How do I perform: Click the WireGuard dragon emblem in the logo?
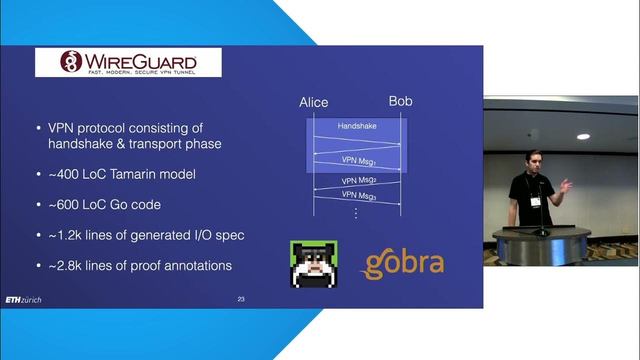click(71, 61)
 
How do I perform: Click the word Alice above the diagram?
click(313, 102)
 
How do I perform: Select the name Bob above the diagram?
click(400, 101)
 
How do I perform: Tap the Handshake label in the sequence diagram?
click(357, 126)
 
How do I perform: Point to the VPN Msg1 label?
click(358, 161)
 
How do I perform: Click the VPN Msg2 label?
click(358, 180)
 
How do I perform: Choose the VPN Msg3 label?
click(358, 195)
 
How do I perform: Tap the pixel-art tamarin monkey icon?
click(313, 264)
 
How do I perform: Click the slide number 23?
click(241, 299)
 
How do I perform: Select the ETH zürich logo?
click(23, 300)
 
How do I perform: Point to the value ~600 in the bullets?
click(63, 205)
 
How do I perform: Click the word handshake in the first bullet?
click(82, 144)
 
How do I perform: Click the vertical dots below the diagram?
click(356, 213)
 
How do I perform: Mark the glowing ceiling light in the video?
click(583, 136)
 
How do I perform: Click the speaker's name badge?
click(535, 201)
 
